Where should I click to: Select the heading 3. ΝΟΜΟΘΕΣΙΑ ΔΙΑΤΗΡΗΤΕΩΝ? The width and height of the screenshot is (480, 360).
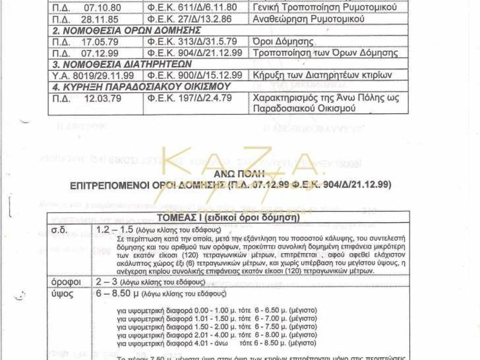(x=115, y=64)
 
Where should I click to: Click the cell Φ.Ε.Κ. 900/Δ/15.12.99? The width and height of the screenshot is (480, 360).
(x=195, y=75)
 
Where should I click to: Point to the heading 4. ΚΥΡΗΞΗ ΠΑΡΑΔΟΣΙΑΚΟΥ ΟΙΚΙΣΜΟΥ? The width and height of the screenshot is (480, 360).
(x=141, y=86)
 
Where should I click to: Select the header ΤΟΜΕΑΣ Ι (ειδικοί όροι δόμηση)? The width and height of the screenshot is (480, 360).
(x=229, y=217)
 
